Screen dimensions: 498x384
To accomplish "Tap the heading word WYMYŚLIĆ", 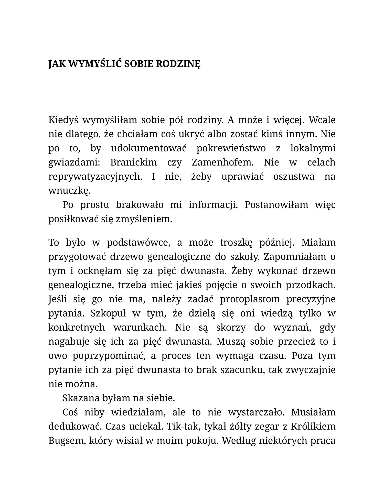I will pos(95,64).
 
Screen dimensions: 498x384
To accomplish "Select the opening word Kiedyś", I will pos(63,120).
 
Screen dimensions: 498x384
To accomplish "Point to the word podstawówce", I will pos(138,242).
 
